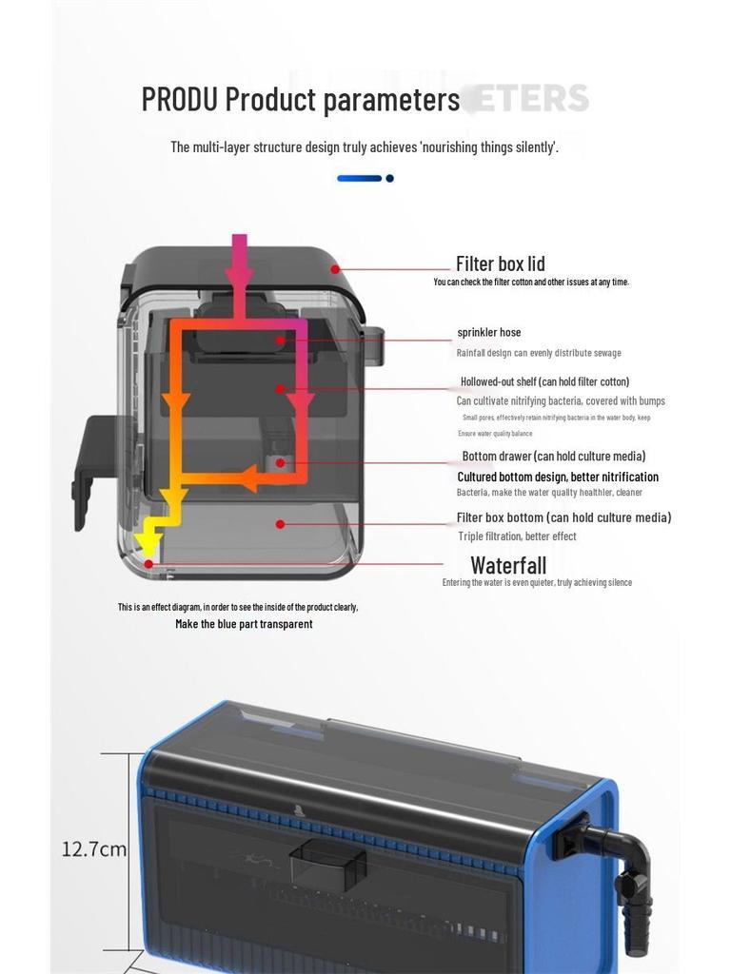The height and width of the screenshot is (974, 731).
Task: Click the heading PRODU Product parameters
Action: pyautogui.click(x=300, y=99)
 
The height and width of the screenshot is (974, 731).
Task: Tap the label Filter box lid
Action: pyautogui.click(x=500, y=263)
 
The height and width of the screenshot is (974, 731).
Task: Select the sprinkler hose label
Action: pyautogui.click(x=488, y=333)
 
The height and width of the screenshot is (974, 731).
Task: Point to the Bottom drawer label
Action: pyautogui.click(x=553, y=457)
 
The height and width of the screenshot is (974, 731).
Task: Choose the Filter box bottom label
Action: pyautogui.click(x=563, y=517)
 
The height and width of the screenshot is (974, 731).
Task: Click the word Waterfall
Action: pyautogui.click(x=508, y=567)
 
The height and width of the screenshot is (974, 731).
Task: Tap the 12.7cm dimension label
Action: pyautogui.click(x=93, y=848)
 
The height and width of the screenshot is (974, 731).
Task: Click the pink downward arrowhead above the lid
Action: pyautogui.click(x=239, y=277)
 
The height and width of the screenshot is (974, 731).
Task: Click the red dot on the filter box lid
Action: pyautogui.click(x=335, y=269)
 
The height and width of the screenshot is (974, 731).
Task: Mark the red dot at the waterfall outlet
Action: pyautogui.click(x=149, y=564)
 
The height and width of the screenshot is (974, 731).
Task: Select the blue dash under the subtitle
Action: pyautogui.click(x=359, y=178)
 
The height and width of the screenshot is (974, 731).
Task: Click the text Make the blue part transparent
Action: pyautogui.click(x=244, y=624)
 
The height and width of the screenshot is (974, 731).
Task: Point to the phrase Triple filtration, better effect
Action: pyautogui.click(x=517, y=536)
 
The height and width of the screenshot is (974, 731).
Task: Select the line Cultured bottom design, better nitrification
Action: pyautogui.click(x=557, y=477)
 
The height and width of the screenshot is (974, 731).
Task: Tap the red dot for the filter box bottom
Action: pyautogui.click(x=280, y=523)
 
